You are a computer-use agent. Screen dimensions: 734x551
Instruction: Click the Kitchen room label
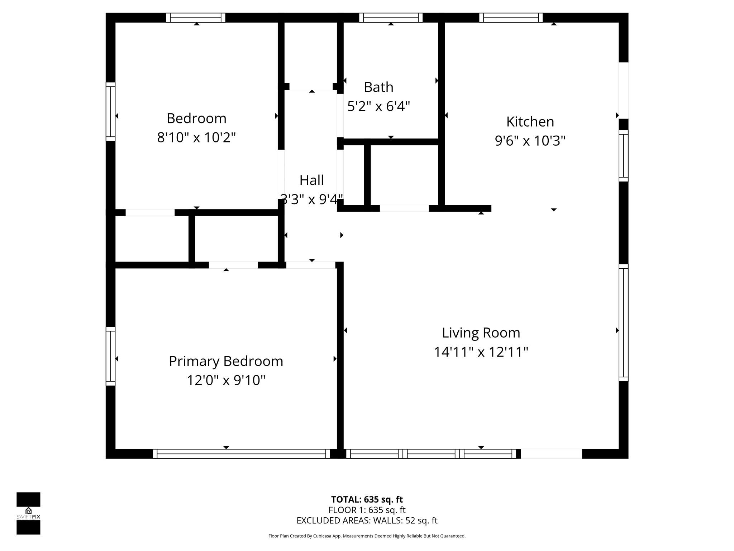pyautogui.click(x=530, y=122)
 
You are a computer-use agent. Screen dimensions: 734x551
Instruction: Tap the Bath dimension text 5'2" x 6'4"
pyautogui.click(x=378, y=106)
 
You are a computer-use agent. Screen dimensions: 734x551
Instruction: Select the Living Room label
pyautogui.click(x=481, y=333)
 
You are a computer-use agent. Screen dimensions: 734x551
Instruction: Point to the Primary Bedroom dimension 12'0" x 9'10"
pyautogui.click(x=226, y=380)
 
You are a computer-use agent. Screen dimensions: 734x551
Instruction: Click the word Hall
pyautogui.click(x=311, y=180)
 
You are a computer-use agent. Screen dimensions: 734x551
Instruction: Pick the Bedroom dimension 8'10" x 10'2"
pyautogui.click(x=196, y=137)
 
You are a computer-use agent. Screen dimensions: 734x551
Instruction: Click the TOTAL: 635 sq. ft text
pyautogui.click(x=367, y=499)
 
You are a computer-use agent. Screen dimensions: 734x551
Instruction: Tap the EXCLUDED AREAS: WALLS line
pyautogui.click(x=367, y=521)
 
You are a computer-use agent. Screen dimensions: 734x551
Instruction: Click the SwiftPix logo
pyautogui.click(x=28, y=513)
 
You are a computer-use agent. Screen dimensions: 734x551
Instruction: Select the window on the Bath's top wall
pyautogui.click(x=391, y=18)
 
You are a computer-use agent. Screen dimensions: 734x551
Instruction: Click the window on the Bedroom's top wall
pyautogui.click(x=196, y=18)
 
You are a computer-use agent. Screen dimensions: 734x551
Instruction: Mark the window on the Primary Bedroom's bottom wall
pyautogui.click(x=241, y=454)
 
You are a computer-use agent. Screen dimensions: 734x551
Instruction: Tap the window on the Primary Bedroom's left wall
pyautogui.click(x=110, y=356)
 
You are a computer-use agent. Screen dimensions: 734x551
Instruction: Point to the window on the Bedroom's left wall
pyautogui.click(x=110, y=112)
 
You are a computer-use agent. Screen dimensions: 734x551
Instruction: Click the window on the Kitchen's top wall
pyautogui.click(x=511, y=18)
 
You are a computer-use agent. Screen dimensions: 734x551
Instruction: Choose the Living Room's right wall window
pyautogui.click(x=624, y=323)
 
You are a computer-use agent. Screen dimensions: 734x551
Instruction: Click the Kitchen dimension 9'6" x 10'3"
pyautogui.click(x=530, y=141)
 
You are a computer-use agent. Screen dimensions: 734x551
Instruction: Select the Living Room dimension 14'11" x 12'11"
pyautogui.click(x=481, y=352)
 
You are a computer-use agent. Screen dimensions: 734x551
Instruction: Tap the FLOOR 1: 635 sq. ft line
pyautogui.click(x=367, y=510)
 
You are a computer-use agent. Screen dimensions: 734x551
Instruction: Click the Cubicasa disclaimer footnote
pyautogui.click(x=367, y=536)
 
